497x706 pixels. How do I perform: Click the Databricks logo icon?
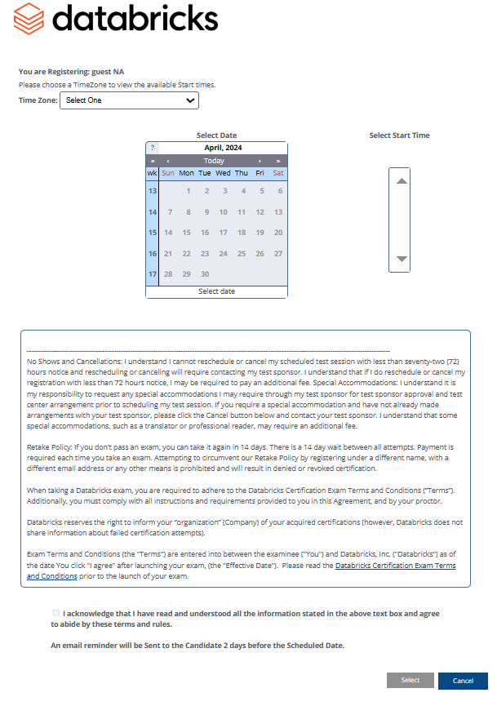[29, 18]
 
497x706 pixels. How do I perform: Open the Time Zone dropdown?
[129, 100]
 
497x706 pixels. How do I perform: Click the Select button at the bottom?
[410, 680]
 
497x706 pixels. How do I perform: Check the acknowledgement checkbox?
[55, 612]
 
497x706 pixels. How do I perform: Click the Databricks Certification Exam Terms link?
[395, 566]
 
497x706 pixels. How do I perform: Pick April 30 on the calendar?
[205, 274]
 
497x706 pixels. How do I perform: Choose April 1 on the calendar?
[188, 191]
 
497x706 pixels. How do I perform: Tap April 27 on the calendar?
[278, 254]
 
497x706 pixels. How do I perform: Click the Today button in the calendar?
[214, 161]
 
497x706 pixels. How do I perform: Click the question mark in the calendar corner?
[152, 148]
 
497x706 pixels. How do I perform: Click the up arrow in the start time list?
[401, 181]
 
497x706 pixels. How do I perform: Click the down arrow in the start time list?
[401, 259]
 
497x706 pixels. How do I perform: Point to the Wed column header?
[223, 173]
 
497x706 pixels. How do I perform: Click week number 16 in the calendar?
[152, 254]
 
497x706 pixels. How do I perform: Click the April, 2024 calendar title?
[222, 148]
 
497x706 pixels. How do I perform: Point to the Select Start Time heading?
[399, 135]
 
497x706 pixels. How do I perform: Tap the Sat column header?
[278, 173]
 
